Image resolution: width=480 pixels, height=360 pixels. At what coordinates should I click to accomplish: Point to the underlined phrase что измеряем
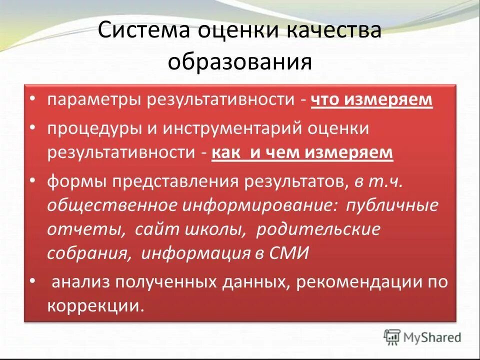click(x=371, y=99)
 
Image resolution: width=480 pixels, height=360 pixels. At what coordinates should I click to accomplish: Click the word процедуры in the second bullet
click(x=93, y=128)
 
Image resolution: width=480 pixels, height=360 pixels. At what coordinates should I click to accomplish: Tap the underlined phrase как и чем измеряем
click(x=302, y=152)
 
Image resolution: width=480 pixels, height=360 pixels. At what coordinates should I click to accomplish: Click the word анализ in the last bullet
click(x=81, y=282)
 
